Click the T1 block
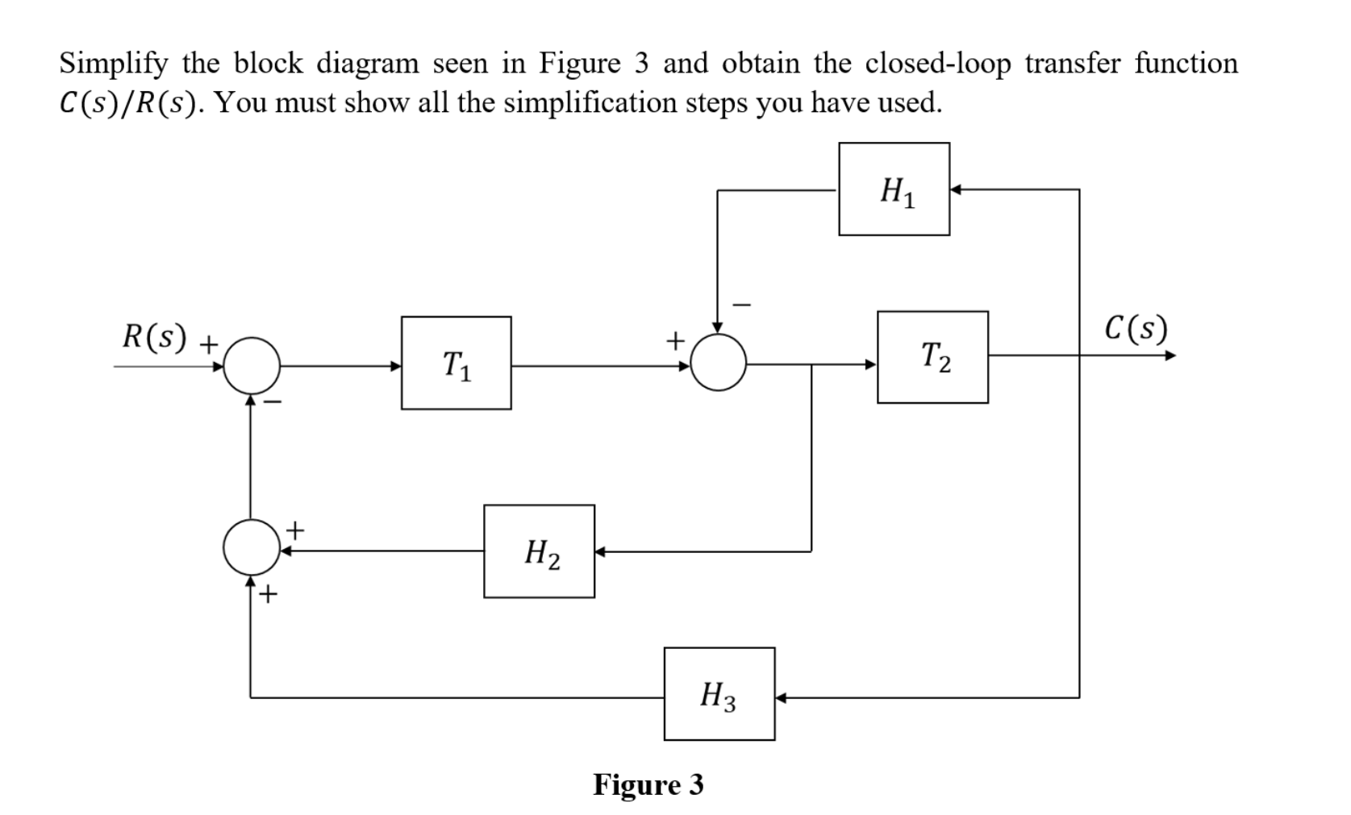pyautogui.click(x=456, y=363)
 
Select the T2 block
pyautogui.click(x=932, y=357)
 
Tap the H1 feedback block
pyautogui.click(x=894, y=189)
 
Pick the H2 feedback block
pyautogui.click(x=539, y=551)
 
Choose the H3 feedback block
pyautogui.click(x=719, y=694)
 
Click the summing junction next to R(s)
pyautogui.click(x=252, y=365)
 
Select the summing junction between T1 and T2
pyautogui.click(x=718, y=363)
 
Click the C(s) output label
pyautogui.click(x=1136, y=327)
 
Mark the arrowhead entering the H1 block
pyautogui.click(x=956, y=190)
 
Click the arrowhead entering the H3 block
pyautogui.click(x=782, y=696)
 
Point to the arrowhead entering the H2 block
pyautogui.click(x=601, y=552)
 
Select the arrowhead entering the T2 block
pyautogui.click(x=871, y=364)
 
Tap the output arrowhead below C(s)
pyautogui.click(x=1170, y=356)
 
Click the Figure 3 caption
pyautogui.click(x=648, y=784)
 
